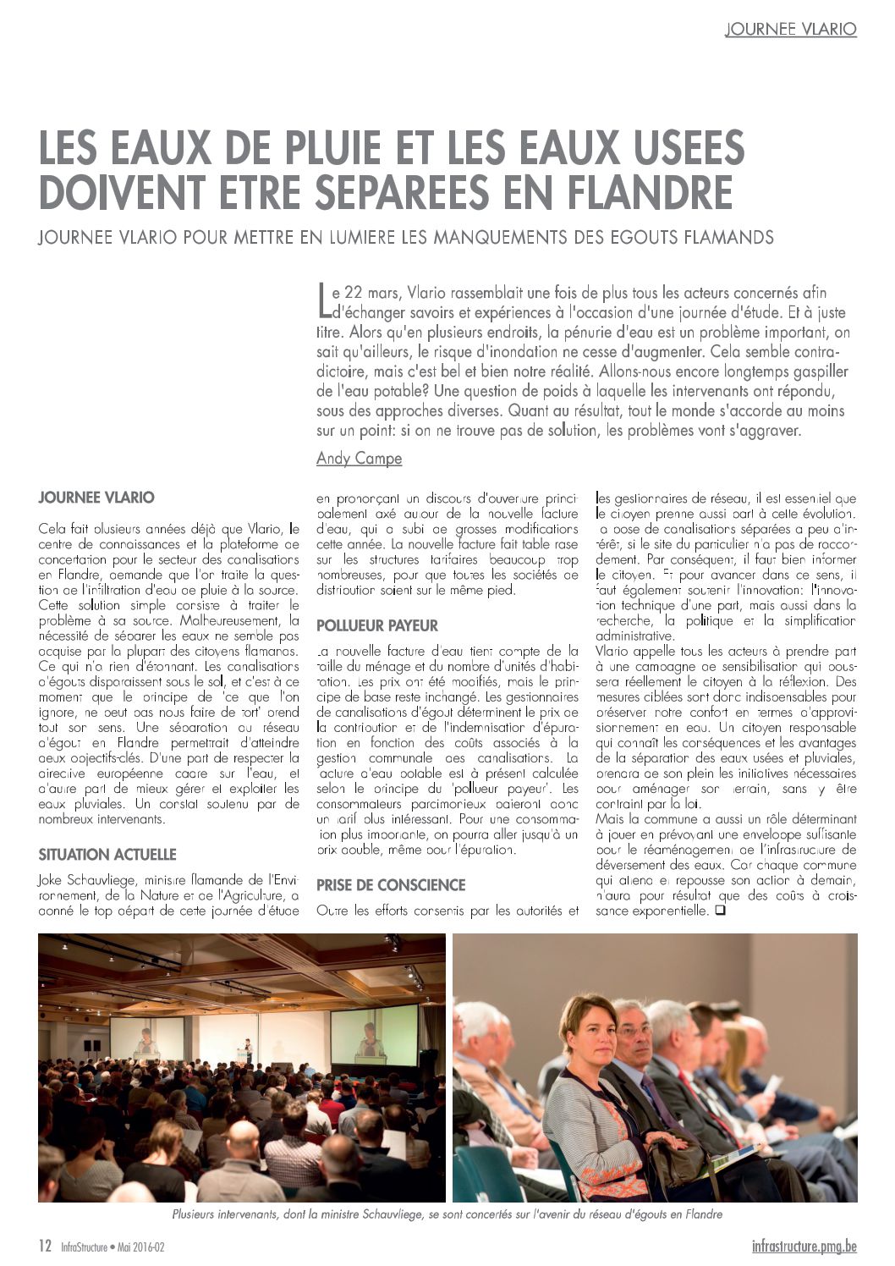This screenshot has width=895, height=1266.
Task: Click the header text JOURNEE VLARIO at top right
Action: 790,29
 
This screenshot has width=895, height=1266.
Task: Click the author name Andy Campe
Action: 359,458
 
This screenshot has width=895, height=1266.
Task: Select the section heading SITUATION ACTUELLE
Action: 107,855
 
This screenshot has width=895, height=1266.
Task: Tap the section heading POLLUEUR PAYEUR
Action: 376,625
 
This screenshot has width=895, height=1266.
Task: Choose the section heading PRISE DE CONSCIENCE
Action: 391,885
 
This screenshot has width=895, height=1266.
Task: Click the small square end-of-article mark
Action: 720,911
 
